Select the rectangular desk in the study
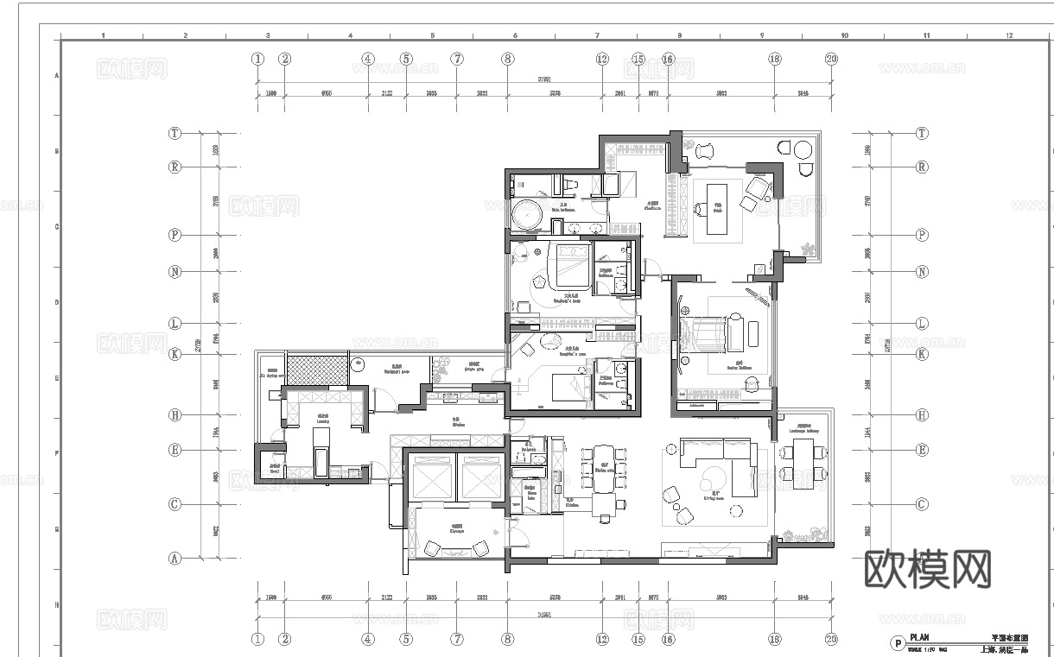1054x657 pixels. pos(718,207)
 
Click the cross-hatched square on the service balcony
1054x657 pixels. pos(316,371)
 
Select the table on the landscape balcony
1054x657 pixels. pos(804,461)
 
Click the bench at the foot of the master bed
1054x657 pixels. pos(740,332)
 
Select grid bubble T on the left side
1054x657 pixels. pos(175,134)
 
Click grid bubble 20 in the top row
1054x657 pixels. pos(831,60)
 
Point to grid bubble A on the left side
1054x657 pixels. pos(175,559)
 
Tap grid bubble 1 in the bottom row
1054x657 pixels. pos(257,640)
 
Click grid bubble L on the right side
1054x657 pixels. pos(922,324)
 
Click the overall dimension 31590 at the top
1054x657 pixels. pos(545,79)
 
